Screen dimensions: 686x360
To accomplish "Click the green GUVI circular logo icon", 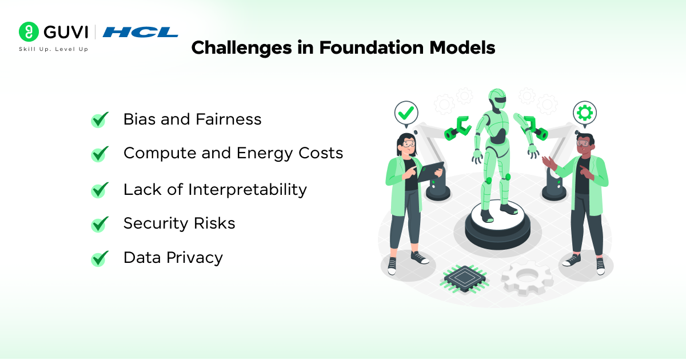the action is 29,31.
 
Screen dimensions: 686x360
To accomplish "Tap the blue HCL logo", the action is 140,32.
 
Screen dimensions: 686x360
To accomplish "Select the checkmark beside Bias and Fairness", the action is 100,119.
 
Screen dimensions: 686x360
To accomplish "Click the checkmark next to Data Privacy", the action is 100,258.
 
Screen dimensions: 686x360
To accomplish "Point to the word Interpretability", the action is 248,190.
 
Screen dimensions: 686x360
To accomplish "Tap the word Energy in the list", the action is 265,154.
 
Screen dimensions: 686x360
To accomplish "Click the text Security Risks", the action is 179,223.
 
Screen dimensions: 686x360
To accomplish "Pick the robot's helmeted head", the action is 497,98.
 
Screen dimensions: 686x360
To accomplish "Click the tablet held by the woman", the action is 430,172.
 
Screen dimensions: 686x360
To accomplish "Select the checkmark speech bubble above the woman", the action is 406,114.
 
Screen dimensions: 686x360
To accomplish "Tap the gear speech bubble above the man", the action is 585,114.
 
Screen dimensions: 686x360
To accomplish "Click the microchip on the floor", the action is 464,279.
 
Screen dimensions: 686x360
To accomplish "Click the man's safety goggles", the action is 583,143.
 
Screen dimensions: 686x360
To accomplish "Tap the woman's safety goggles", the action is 409,143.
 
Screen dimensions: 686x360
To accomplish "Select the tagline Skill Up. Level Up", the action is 54,49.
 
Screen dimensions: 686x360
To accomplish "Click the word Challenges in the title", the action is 242,49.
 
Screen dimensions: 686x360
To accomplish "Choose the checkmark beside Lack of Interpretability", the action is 100,190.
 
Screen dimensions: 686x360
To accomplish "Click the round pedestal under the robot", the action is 497,226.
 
